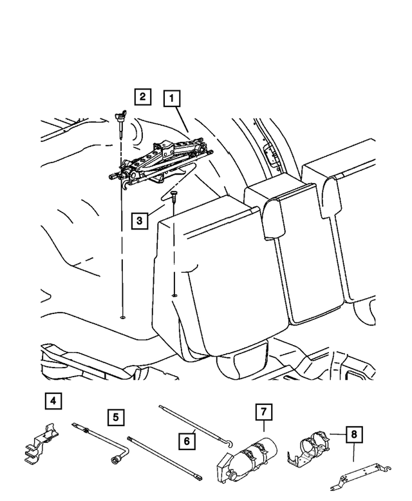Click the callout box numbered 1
pos(172,99)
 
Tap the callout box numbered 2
pos(142,97)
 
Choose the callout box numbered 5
pos(116,417)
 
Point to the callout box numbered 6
pos(187,441)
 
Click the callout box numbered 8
pos(353,435)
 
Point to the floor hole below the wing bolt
pos(122,317)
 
